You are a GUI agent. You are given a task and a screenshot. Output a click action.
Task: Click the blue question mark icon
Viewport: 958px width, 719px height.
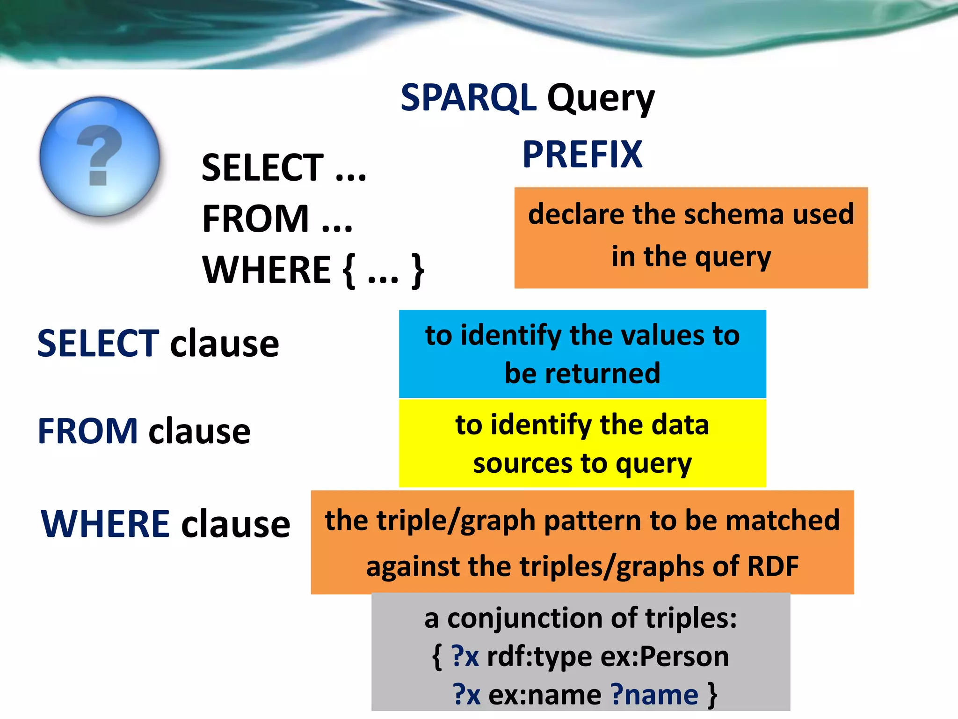click(100, 156)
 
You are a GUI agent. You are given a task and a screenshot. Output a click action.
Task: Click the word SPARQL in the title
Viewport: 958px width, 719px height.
click(468, 98)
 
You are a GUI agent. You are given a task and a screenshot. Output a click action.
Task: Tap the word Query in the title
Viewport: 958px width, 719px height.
click(601, 100)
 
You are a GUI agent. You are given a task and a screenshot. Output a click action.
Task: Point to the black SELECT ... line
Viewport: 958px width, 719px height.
click(283, 168)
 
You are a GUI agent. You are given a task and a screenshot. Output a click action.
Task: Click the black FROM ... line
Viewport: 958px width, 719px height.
click(277, 219)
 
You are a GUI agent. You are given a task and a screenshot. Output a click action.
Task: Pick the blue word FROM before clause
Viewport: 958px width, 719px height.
click(87, 431)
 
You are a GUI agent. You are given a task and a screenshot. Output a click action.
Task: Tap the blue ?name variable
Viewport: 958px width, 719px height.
click(654, 695)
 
